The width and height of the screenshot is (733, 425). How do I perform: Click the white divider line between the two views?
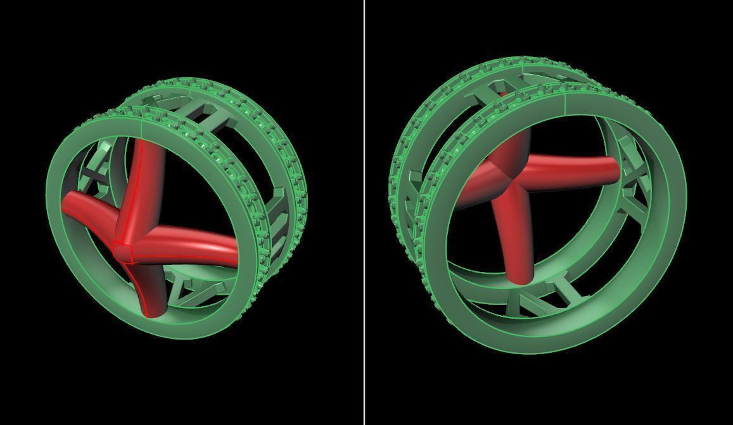pyautogui.click(x=364, y=212)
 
